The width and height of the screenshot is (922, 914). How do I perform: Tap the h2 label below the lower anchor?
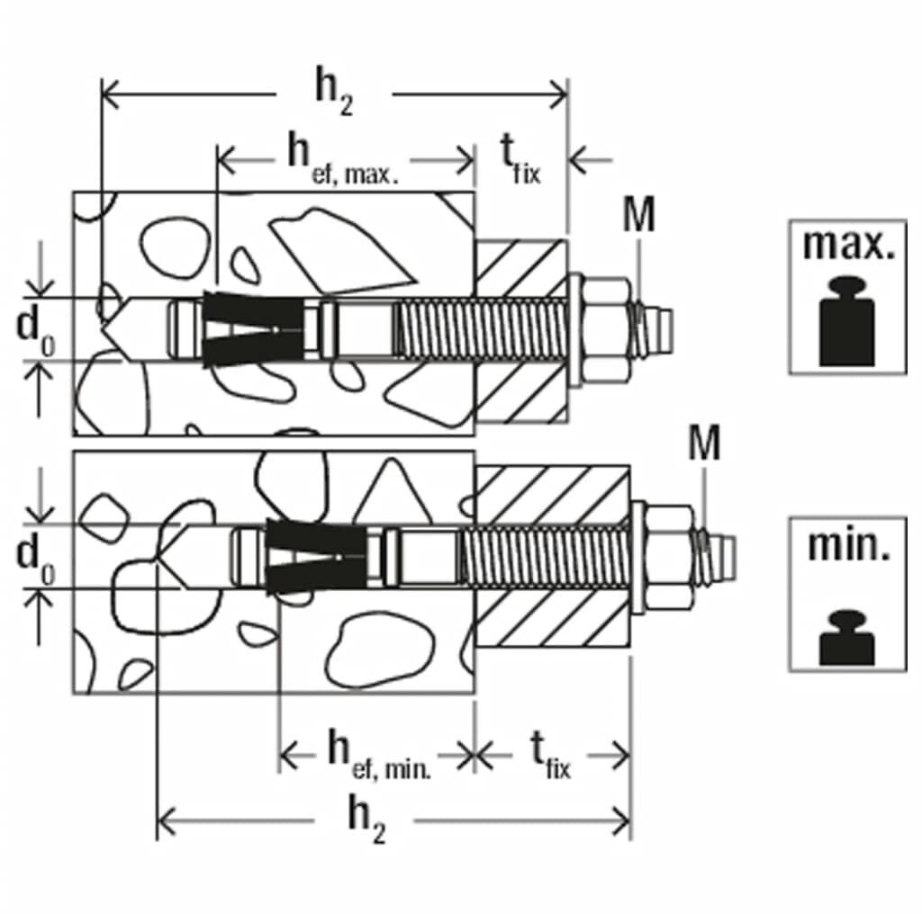(367, 820)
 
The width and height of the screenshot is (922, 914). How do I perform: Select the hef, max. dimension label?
(342, 159)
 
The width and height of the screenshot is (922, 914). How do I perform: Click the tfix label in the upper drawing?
(521, 160)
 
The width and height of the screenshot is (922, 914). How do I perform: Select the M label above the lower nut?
(703, 444)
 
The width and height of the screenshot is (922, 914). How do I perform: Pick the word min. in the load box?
(848, 546)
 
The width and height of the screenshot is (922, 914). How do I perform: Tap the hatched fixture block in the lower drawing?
(552, 558)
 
